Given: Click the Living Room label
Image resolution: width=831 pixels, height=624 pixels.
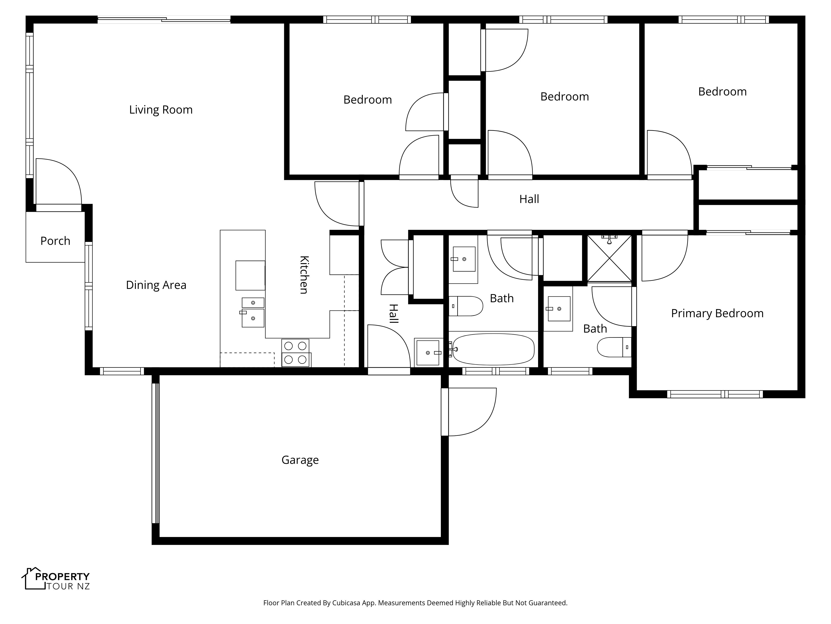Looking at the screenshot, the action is [x=161, y=110].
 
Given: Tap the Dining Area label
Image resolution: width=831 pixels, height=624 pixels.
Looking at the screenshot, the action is [x=156, y=285].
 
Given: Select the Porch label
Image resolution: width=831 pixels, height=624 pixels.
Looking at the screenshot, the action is [x=55, y=241].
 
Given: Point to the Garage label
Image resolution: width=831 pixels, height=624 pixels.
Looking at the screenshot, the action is [x=300, y=460].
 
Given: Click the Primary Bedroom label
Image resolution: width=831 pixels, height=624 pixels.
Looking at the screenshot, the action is [x=717, y=313].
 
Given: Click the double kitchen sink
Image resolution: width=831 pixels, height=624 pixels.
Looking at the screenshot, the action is [x=253, y=312].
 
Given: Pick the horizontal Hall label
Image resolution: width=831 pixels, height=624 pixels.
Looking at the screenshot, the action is [x=529, y=199].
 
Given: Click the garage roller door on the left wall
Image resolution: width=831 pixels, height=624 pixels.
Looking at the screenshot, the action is [x=156, y=453].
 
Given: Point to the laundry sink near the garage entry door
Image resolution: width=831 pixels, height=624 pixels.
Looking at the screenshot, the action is [x=428, y=352].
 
